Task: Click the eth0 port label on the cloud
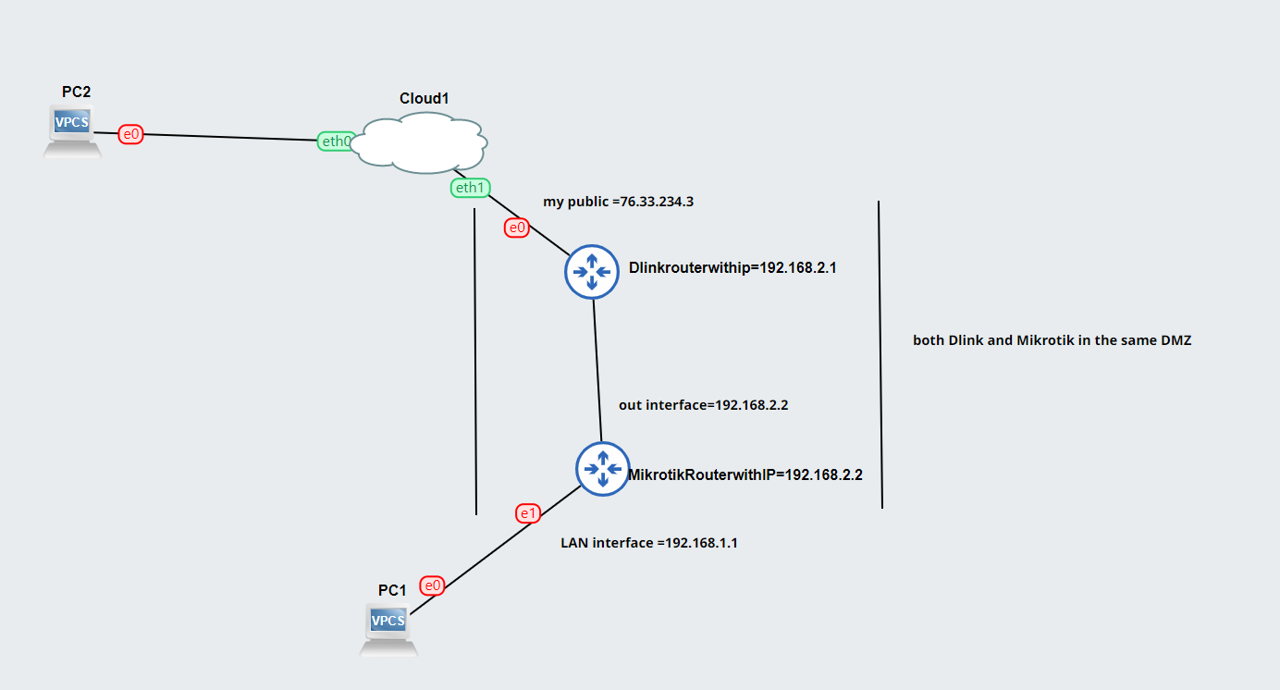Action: point(336,142)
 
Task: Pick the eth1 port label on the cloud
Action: point(469,188)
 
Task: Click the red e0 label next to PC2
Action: point(131,134)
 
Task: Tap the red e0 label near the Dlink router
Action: point(517,227)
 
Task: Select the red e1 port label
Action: point(528,513)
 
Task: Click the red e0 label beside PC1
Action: point(432,585)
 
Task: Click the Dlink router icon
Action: point(592,271)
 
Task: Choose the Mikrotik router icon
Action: point(603,469)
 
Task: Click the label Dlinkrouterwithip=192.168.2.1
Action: point(732,268)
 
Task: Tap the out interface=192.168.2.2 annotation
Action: point(703,404)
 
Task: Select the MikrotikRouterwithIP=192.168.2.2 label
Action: point(745,474)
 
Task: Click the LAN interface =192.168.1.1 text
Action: point(649,543)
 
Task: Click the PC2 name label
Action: point(77,92)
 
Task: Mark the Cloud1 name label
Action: point(425,98)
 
